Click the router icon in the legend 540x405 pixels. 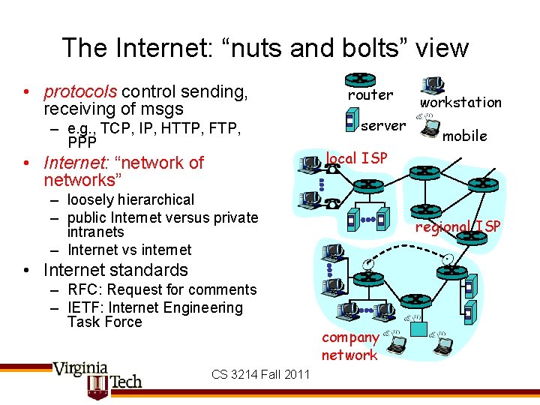361,79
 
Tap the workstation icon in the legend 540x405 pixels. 432,85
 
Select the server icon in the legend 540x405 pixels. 349,120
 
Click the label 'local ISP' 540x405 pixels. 356,158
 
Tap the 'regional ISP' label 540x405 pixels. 457,226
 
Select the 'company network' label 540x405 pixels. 349,346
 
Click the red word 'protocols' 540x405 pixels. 80,91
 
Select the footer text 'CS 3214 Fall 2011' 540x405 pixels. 260,374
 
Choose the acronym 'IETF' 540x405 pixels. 84,307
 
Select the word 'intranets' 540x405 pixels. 95,232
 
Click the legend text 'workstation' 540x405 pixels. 460,102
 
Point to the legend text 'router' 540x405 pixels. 370,95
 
